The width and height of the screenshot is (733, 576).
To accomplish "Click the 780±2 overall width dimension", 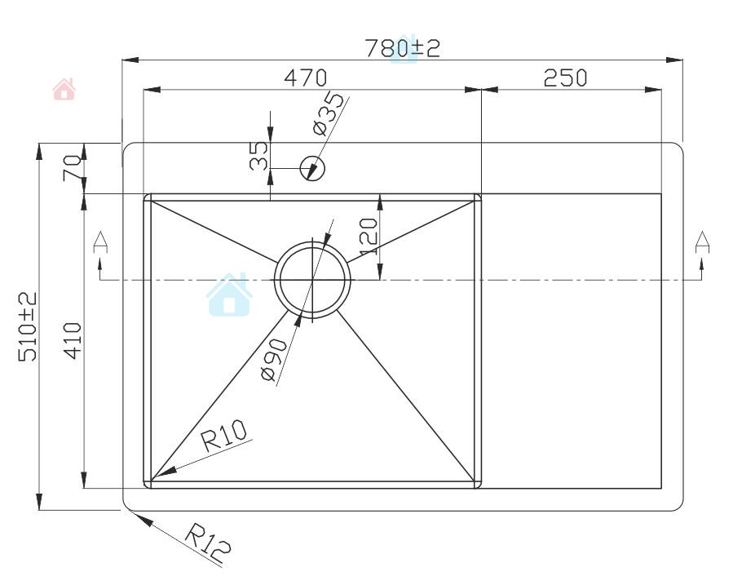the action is (x=402, y=47).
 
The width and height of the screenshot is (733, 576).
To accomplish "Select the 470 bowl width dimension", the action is (x=306, y=78).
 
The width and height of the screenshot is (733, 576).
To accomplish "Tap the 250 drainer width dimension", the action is (x=565, y=78).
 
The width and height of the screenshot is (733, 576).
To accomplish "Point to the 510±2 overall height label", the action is (x=28, y=326).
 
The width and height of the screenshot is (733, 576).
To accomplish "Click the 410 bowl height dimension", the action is (x=73, y=341).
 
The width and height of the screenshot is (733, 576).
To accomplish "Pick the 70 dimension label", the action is (x=73, y=168).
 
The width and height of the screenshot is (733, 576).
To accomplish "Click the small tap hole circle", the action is (x=312, y=168).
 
